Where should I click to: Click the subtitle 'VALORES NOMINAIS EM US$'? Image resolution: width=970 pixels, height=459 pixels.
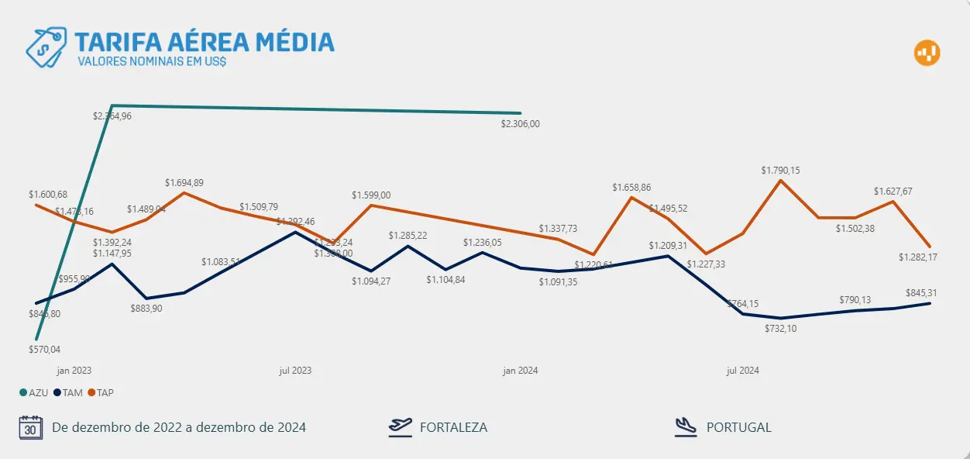coord(152,60)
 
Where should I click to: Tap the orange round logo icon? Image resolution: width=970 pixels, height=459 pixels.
coord(927,53)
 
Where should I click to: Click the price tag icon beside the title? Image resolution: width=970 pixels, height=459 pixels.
coord(46,46)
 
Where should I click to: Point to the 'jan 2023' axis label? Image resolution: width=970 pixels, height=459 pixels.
coord(74,371)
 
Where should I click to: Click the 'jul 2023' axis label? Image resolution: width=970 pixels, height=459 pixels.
coord(295,371)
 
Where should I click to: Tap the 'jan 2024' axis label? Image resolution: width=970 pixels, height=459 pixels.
coord(521,371)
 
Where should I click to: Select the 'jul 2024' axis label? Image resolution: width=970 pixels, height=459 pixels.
coord(742,371)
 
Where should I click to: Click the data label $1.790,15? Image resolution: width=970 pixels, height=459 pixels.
coord(780,170)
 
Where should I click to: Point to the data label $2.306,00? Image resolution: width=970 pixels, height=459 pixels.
coord(520,123)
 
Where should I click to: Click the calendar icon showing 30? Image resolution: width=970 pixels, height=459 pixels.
coord(30,427)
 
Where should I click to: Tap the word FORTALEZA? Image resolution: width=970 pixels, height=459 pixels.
coord(453,427)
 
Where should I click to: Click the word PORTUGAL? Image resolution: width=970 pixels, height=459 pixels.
coord(738,427)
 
